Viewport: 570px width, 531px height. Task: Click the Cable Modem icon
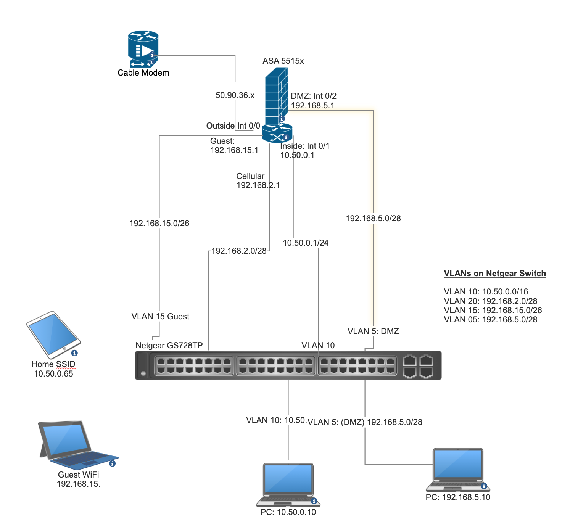(x=143, y=49)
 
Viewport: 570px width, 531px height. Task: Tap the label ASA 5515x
(x=283, y=61)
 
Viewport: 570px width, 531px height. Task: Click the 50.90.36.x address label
(x=235, y=95)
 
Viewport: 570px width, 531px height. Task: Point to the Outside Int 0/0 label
(x=233, y=126)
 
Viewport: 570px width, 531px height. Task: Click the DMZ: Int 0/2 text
(x=314, y=96)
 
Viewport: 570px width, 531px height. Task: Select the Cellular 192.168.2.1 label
(x=258, y=181)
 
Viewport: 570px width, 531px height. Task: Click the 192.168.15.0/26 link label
(x=159, y=224)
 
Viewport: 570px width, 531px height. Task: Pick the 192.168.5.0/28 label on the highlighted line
(x=373, y=219)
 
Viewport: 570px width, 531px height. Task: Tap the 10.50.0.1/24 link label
(x=306, y=243)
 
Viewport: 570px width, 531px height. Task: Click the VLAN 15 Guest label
(x=160, y=317)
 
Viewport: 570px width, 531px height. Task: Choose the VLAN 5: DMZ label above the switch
(x=373, y=331)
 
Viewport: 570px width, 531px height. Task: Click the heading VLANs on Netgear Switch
(x=495, y=274)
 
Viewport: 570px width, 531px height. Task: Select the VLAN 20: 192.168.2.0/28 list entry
(x=490, y=301)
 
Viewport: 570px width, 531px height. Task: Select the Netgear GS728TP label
(x=169, y=346)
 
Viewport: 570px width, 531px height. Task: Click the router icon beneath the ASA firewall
(x=277, y=134)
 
